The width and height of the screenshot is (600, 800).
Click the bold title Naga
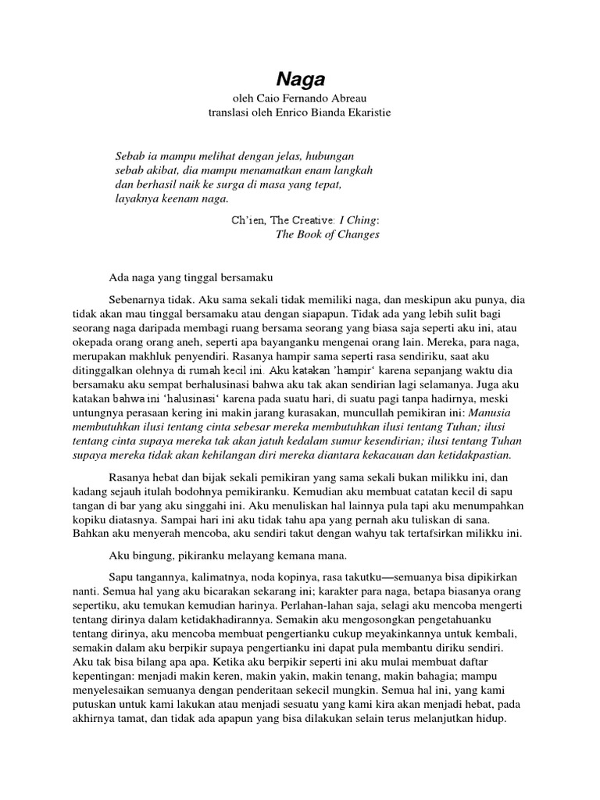pos(300,78)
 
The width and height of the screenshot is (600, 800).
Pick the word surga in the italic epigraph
pos(245,186)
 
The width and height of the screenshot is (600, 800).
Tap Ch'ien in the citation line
pos(247,220)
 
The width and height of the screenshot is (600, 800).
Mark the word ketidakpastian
pos(471,455)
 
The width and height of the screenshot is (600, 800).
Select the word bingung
pos(142,555)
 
